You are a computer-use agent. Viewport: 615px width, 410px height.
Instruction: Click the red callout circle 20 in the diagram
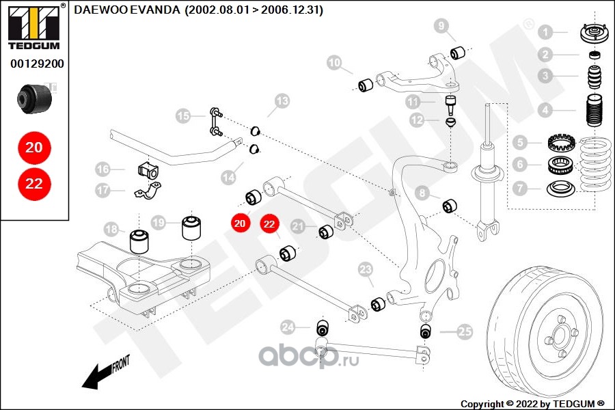pos(240,223)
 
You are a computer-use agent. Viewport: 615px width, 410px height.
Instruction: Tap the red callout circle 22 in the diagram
pos(269,223)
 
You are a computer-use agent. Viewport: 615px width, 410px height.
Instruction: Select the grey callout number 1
pos(545,31)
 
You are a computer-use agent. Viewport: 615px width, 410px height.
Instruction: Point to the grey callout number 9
pos(442,27)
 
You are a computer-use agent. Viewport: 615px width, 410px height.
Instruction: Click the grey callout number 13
pos(282,102)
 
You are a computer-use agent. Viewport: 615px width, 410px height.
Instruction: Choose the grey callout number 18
pos(111,230)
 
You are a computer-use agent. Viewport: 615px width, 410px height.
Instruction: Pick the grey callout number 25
pos(465,333)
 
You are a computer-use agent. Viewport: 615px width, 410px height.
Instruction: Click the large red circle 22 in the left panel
pos(34,183)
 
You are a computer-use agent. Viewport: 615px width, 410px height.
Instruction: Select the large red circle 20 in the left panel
pos(34,147)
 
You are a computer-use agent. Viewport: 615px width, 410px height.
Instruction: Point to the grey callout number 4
pos(545,110)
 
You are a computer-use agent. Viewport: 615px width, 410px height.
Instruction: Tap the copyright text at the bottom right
pos(533,403)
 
